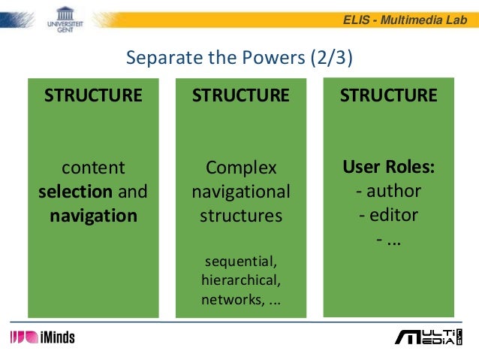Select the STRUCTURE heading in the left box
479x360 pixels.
pyautogui.click(x=93, y=95)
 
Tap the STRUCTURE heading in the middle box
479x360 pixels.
pyautogui.click(x=240, y=95)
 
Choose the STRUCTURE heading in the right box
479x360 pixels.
pyautogui.click(x=388, y=95)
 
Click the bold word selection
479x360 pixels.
pyautogui.click(x=75, y=192)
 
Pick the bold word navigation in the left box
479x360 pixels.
pyautogui.click(x=93, y=216)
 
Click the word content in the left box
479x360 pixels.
pyautogui.click(x=93, y=167)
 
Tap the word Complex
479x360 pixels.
pyautogui.click(x=240, y=167)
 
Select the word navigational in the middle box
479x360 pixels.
pyautogui.click(x=240, y=192)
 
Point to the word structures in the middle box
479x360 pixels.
pyautogui.click(x=240, y=216)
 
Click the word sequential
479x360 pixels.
pyautogui.click(x=240, y=262)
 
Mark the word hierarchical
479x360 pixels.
pyautogui.click(x=240, y=281)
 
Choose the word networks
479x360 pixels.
pyautogui.click(x=230, y=301)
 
